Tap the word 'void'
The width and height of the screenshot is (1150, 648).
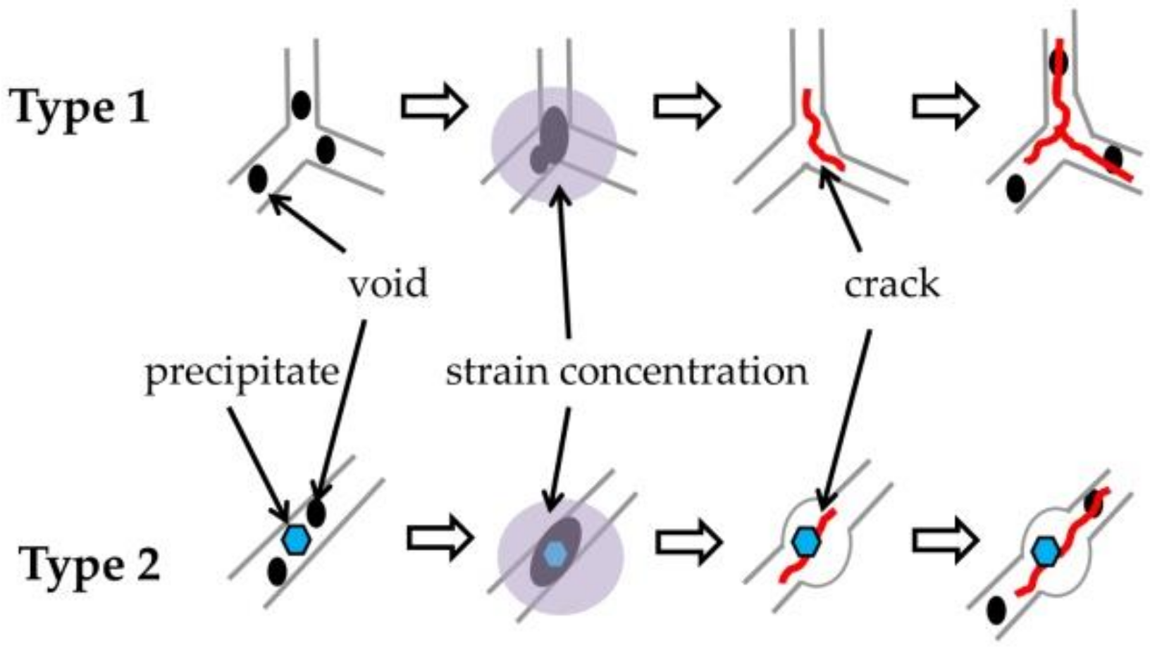(388, 284)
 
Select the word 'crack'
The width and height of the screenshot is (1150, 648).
(891, 284)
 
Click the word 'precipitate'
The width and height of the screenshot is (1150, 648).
(242, 372)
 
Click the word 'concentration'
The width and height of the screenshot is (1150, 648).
(684, 371)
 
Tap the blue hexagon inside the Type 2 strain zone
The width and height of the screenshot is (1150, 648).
(557, 554)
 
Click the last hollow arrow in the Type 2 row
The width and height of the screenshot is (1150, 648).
(945, 542)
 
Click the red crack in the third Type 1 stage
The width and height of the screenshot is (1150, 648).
(821, 134)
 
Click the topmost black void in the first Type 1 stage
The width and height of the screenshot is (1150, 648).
(301, 106)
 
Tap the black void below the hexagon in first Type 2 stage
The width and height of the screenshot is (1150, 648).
(277, 571)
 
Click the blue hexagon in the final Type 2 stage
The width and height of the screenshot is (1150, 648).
(1046, 552)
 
